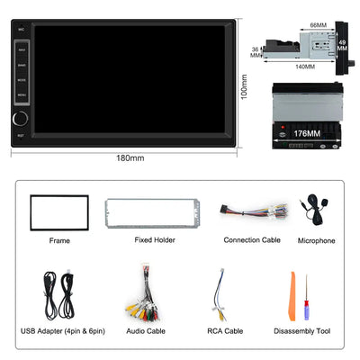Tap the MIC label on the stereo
pyautogui.click(x=22, y=29)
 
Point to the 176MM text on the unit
pyautogui.click(x=307, y=133)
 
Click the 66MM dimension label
pyautogui.click(x=318, y=25)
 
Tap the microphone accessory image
pyautogui.click(x=315, y=213)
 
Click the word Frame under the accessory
pyautogui.click(x=59, y=241)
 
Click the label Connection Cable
pyautogui.click(x=252, y=240)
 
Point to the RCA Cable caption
pyautogui.click(x=225, y=331)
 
